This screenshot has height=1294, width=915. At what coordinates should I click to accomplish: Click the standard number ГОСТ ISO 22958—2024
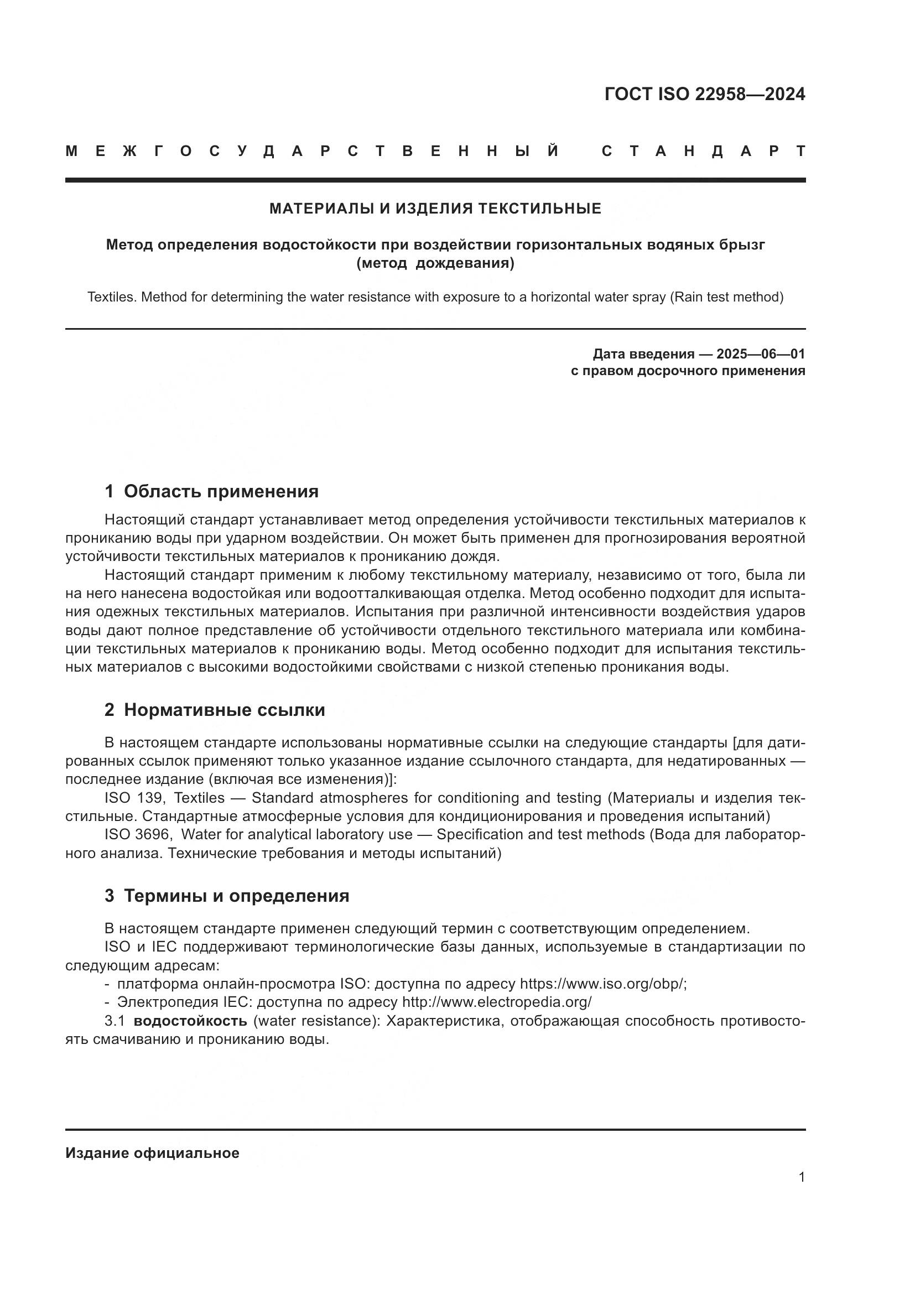click(x=704, y=94)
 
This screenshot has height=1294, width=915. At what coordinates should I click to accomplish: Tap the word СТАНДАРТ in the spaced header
click(x=703, y=151)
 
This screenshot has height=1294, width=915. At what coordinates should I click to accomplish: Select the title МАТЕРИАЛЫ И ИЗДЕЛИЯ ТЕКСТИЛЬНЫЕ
click(x=435, y=209)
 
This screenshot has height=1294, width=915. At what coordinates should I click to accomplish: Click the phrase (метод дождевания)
click(x=435, y=263)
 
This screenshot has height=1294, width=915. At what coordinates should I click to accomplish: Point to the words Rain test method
click(x=726, y=297)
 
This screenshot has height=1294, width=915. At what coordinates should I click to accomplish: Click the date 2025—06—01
click(x=760, y=354)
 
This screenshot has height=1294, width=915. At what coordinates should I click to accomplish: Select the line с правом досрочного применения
click(x=688, y=371)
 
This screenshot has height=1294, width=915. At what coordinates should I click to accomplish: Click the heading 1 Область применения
click(x=211, y=491)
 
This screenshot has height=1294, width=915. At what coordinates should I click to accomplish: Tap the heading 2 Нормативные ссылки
click(x=215, y=710)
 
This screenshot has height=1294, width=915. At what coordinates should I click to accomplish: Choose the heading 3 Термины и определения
click(x=226, y=896)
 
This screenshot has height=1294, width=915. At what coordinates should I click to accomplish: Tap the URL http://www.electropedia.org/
click(x=496, y=1002)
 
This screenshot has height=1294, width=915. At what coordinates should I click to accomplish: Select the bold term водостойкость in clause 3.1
click(x=190, y=1021)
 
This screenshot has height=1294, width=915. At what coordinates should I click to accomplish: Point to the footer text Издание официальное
click(x=152, y=1153)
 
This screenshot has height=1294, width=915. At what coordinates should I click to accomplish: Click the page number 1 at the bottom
click(x=801, y=1177)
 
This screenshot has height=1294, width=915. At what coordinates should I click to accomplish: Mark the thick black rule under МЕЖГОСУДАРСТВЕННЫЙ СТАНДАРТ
click(x=435, y=180)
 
